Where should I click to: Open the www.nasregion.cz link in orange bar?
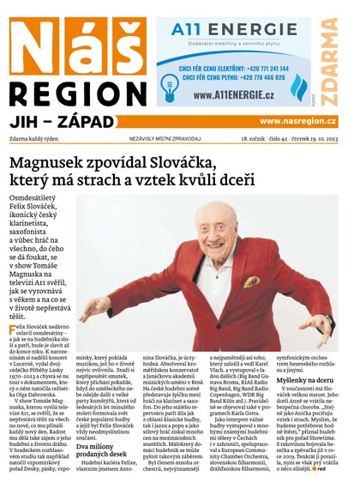point(297,122)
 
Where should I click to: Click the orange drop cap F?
point(13,331)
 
